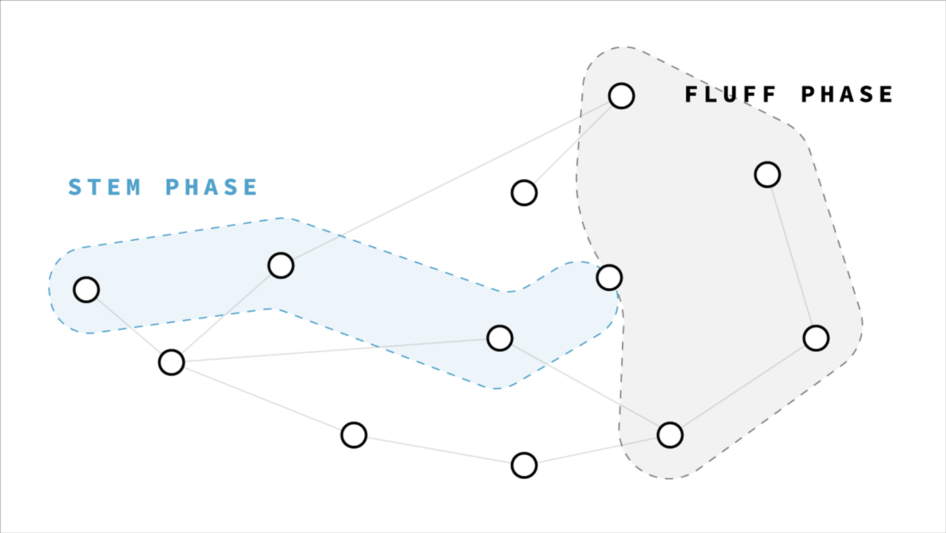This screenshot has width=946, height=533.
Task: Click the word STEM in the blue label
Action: click(104, 187)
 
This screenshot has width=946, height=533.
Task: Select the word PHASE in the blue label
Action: click(211, 187)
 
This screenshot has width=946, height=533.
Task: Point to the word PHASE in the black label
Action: click(847, 94)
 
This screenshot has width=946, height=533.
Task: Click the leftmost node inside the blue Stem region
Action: click(86, 290)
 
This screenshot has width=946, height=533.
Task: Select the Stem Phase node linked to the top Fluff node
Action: click(281, 266)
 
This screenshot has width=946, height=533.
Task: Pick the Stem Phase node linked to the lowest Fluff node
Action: click(499, 338)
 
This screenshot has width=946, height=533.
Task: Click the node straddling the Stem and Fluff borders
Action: click(609, 278)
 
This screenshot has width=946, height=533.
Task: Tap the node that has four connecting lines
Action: click(172, 363)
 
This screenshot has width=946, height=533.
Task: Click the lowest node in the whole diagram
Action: click(524, 465)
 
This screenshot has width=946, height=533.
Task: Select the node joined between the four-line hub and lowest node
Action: click(354, 435)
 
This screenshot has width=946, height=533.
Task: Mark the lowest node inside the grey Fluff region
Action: click(670, 435)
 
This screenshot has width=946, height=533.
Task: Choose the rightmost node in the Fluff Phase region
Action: click(816, 338)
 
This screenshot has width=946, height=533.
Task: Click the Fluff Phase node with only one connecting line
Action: click(768, 175)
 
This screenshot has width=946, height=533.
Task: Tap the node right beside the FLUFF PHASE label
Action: click(621, 96)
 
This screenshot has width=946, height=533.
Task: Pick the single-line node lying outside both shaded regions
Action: click(524, 193)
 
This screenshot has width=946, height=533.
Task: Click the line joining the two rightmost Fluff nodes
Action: click(792, 256)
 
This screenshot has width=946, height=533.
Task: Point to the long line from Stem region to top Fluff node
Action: click(451, 181)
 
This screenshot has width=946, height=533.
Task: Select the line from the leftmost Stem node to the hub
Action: click(129, 326)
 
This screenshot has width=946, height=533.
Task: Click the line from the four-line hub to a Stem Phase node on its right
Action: click(336, 350)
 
